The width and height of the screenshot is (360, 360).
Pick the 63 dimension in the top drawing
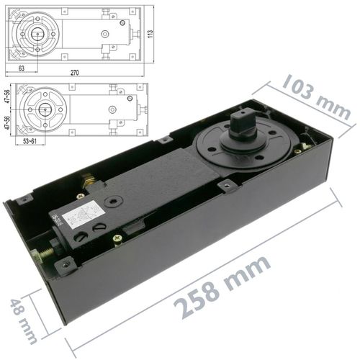click(23, 67)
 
